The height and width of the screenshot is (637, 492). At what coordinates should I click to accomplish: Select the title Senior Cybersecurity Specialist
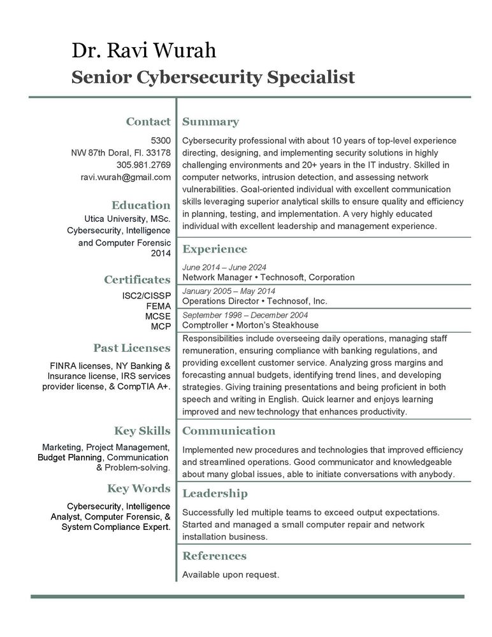point(213,77)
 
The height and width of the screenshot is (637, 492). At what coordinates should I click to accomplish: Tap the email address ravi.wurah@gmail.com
point(126,177)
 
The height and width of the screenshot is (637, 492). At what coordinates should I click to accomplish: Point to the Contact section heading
point(148,122)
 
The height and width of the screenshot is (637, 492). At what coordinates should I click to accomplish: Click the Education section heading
point(141,205)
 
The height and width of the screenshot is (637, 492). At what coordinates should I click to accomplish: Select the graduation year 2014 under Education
point(161,254)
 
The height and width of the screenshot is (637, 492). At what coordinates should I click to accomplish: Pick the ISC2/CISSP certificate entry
point(146,297)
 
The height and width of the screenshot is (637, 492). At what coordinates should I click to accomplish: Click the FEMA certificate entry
point(158,306)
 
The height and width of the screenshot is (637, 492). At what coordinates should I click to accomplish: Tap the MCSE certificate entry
point(157,316)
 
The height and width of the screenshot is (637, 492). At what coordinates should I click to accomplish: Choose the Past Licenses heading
point(132,348)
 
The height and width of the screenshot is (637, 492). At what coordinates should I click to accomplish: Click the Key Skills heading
point(142,430)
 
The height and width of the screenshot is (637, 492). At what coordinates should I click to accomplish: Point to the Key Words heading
point(138,488)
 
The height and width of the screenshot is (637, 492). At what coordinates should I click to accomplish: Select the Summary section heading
point(210,122)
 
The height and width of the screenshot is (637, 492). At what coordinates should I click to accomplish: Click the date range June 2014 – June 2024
point(224,267)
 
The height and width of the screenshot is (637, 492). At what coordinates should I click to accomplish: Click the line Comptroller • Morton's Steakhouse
point(250,325)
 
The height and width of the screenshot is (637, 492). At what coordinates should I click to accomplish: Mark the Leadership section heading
point(215,494)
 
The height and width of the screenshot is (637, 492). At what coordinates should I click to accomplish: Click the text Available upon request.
point(231,575)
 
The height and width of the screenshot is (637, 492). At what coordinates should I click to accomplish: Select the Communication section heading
point(229,431)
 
